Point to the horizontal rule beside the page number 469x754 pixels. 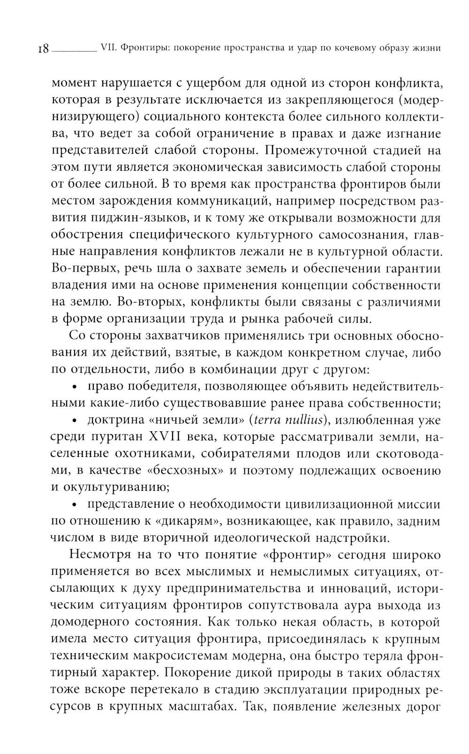tap(73, 50)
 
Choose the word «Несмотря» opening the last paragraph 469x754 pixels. tap(98, 555)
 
